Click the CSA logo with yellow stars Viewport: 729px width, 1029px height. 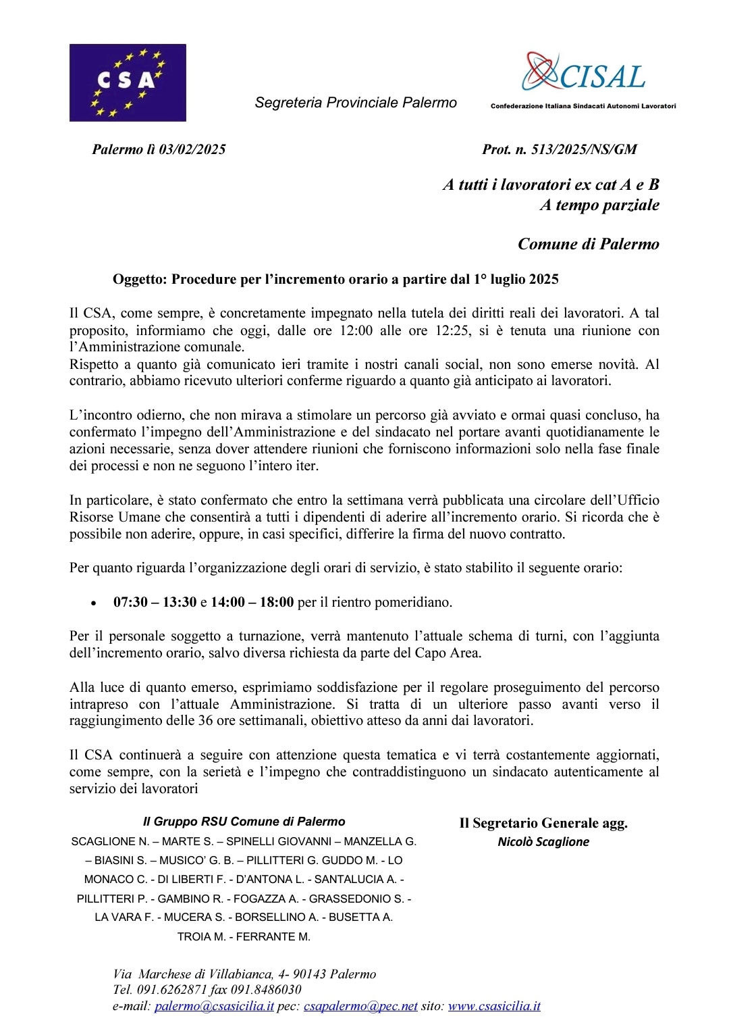click(x=128, y=82)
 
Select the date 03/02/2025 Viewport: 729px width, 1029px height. click(x=192, y=149)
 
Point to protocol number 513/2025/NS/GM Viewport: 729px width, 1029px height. click(x=584, y=149)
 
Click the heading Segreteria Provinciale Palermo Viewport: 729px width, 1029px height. click(x=356, y=103)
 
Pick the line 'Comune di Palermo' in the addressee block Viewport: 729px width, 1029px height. click(x=588, y=244)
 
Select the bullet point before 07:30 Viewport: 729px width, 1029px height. click(x=94, y=603)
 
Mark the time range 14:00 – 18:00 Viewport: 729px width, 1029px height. click(x=252, y=602)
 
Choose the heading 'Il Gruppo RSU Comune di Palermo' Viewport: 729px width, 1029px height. click(x=244, y=822)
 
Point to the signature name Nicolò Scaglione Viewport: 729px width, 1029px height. click(x=543, y=842)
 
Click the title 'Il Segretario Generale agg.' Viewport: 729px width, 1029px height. click(x=543, y=823)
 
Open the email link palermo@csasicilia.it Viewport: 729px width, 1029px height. click(x=214, y=1006)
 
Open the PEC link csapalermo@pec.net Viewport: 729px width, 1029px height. click(x=360, y=1006)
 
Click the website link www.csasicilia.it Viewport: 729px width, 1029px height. click(x=494, y=1006)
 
